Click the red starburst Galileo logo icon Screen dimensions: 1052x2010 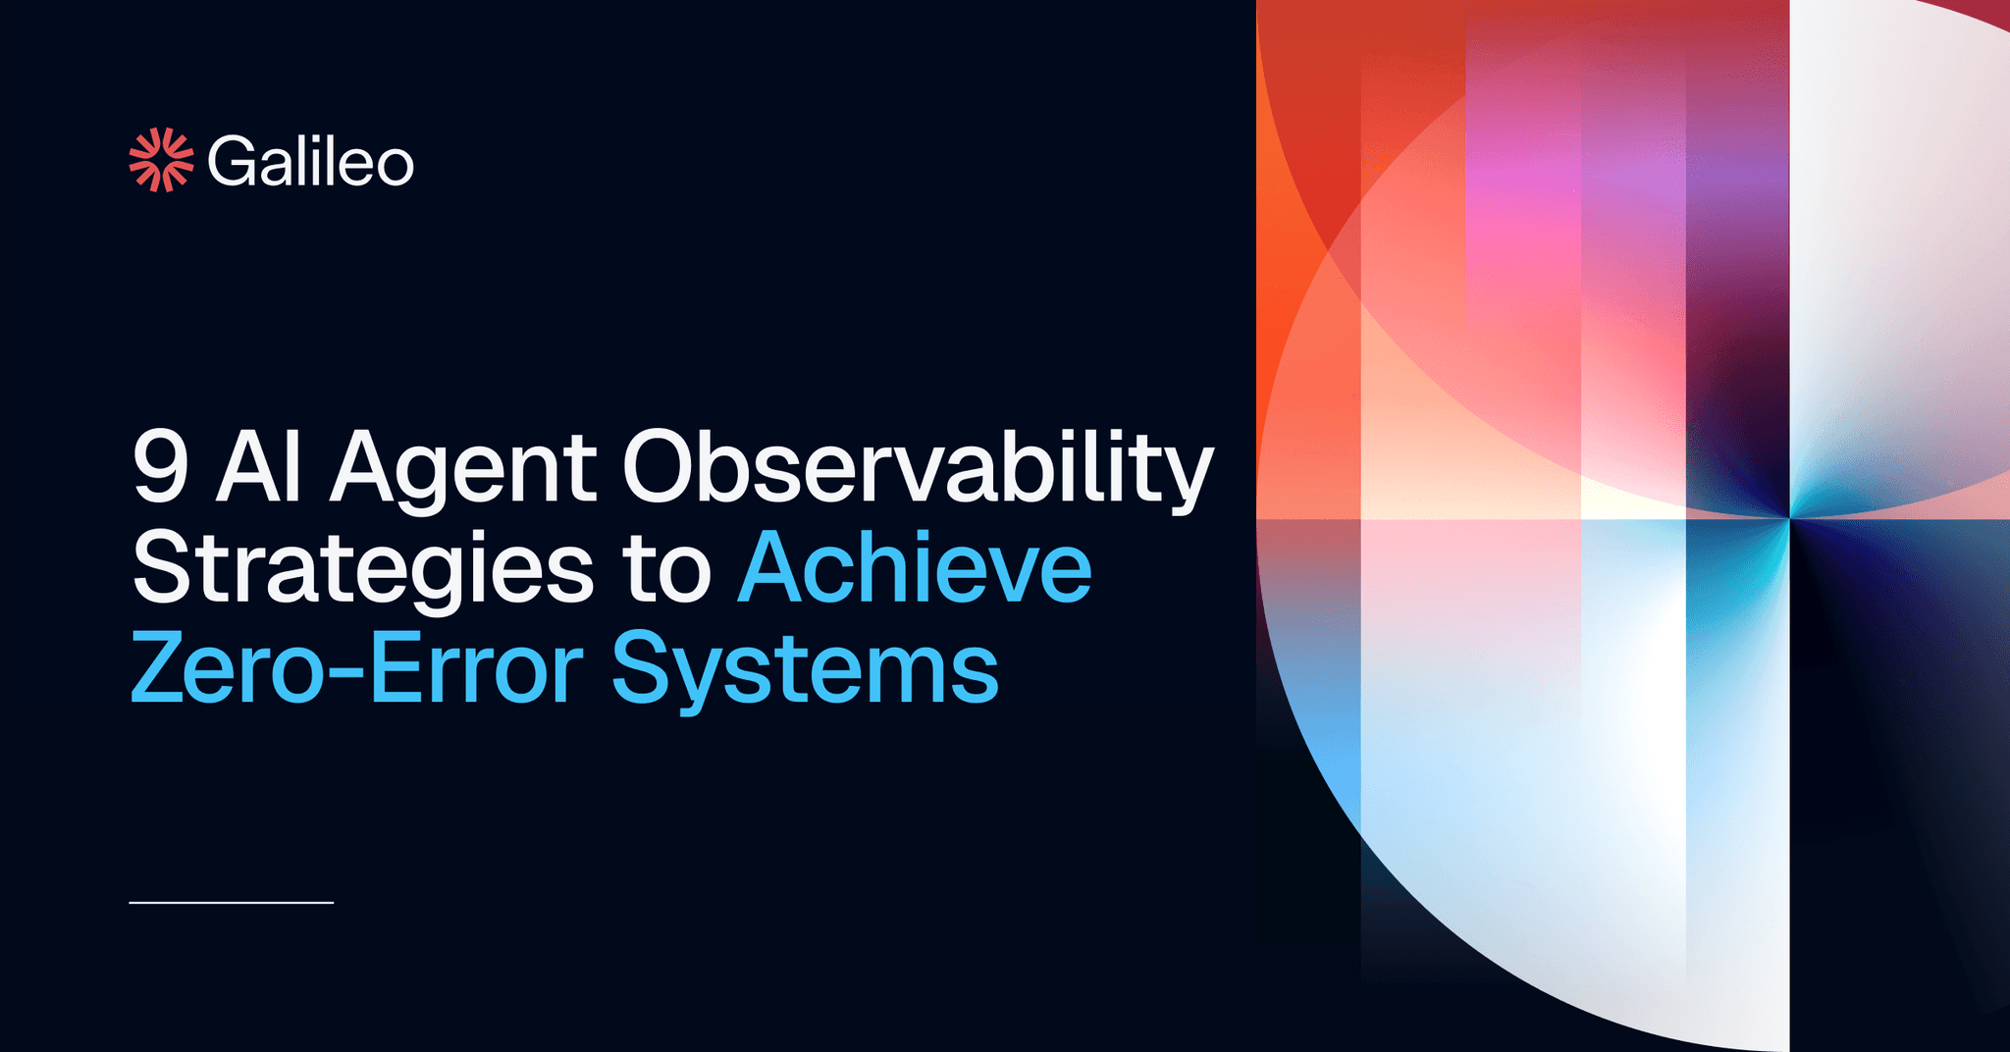click(x=161, y=160)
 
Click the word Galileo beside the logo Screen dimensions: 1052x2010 click(x=310, y=162)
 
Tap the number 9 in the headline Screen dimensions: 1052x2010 click(x=160, y=468)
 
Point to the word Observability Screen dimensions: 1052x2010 click(x=918, y=470)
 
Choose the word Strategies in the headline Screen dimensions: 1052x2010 click(x=362, y=572)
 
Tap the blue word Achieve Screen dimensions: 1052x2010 click(x=915, y=569)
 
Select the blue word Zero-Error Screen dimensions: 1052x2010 click(x=357, y=670)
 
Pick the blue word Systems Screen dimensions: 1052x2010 click(x=805, y=672)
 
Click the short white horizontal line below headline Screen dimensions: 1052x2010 click(x=232, y=902)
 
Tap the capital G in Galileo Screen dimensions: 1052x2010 click(x=232, y=162)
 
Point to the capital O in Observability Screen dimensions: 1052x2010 click(x=661, y=468)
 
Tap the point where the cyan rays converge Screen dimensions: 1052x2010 click(x=1789, y=517)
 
